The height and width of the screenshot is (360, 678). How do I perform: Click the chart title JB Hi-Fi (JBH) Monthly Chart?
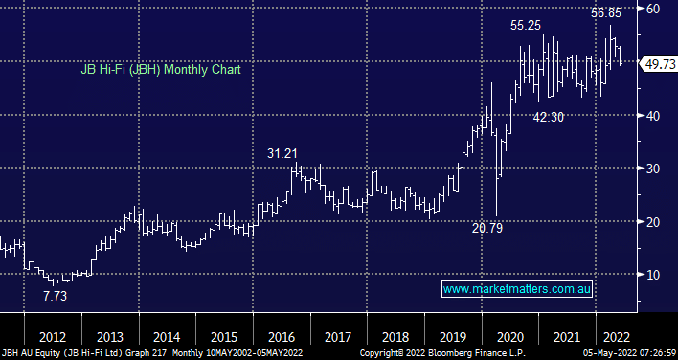pos(161,70)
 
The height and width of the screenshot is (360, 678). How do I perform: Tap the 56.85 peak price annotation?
pos(606,13)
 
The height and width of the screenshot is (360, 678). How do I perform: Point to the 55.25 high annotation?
pos(526,26)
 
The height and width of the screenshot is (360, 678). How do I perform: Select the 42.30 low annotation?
pos(549,117)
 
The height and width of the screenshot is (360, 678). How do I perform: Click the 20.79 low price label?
pos(487,228)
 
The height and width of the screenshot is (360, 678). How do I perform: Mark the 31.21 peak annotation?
pos(282,153)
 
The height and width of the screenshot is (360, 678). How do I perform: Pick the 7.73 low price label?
pos(56,296)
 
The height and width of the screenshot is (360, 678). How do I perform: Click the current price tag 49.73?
pos(660,64)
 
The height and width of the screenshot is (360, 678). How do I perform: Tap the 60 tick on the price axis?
pos(653,9)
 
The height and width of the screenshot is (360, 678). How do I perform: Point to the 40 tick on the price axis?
pos(653,116)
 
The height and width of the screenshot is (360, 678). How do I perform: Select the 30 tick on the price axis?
pos(653,169)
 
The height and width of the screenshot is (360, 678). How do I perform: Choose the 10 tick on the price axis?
pos(653,275)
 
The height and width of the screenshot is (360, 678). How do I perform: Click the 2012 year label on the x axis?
pos(53,337)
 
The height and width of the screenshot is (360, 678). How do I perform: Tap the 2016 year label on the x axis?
pos(282,337)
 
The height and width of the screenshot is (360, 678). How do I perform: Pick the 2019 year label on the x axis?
pos(453,337)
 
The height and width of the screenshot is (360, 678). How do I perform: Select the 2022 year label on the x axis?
pos(616,337)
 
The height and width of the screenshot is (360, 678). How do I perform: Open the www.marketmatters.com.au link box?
pos(517,289)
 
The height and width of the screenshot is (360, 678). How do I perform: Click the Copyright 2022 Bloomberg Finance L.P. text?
pos(442,353)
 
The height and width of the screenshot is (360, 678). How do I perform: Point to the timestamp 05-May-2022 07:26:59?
pos(629,353)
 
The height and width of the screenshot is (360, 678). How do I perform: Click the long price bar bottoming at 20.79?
pos(497,172)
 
